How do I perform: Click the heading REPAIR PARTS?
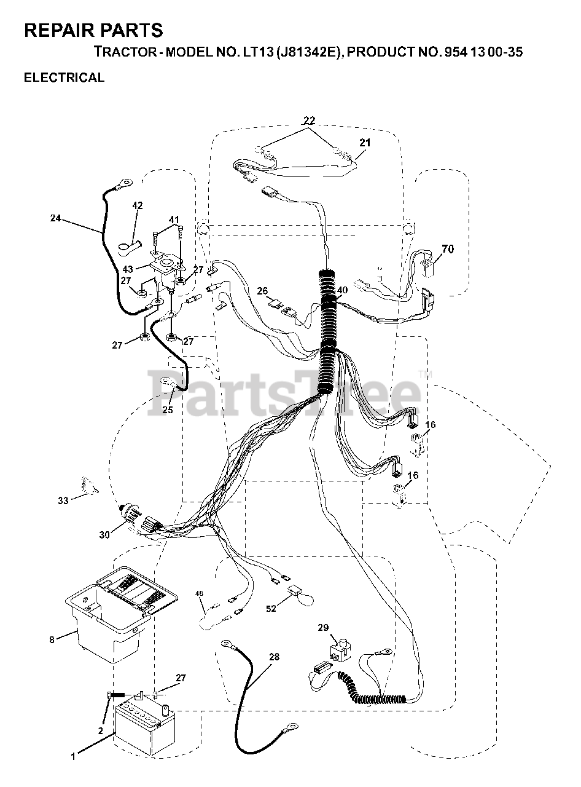(93, 30)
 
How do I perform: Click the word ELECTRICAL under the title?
(64, 77)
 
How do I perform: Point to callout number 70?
(448, 249)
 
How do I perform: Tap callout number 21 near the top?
(365, 143)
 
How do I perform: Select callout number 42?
(138, 206)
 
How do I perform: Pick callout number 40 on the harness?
(342, 290)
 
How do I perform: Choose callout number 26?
(263, 290)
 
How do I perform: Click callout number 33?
(63, 500)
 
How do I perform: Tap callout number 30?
(104, 535)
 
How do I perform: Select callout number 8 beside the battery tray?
(52, 639)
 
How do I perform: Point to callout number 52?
(271, 609)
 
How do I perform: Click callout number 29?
(324, 628)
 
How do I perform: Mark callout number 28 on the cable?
(273, 657)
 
